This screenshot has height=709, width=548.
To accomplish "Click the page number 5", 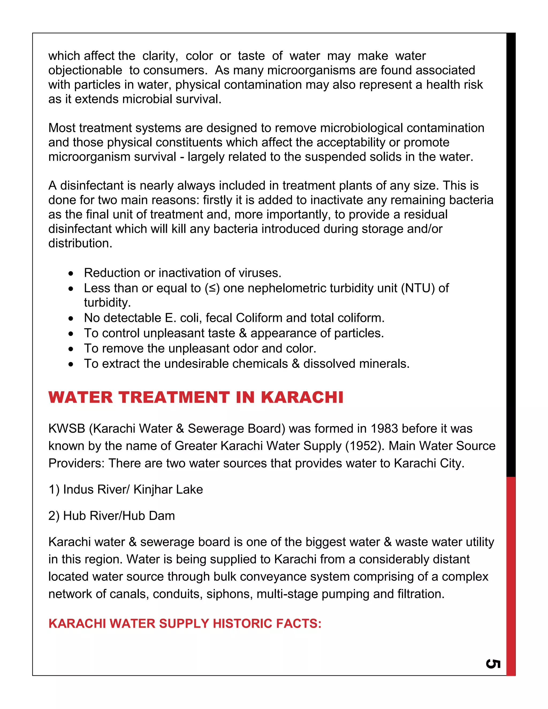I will click(493, 664).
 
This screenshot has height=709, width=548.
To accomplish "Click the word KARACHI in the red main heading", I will click(302, 397).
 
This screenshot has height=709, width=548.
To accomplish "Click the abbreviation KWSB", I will click(67, 429).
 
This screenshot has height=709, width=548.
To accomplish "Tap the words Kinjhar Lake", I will click(168, 489).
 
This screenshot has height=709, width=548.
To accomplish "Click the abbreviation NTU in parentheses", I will click(417, 288).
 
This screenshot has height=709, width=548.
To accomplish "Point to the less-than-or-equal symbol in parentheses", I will click(212, 288).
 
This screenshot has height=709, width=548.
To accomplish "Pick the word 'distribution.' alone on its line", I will click(80, 243).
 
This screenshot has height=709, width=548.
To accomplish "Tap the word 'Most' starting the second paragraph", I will click(62, 128).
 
